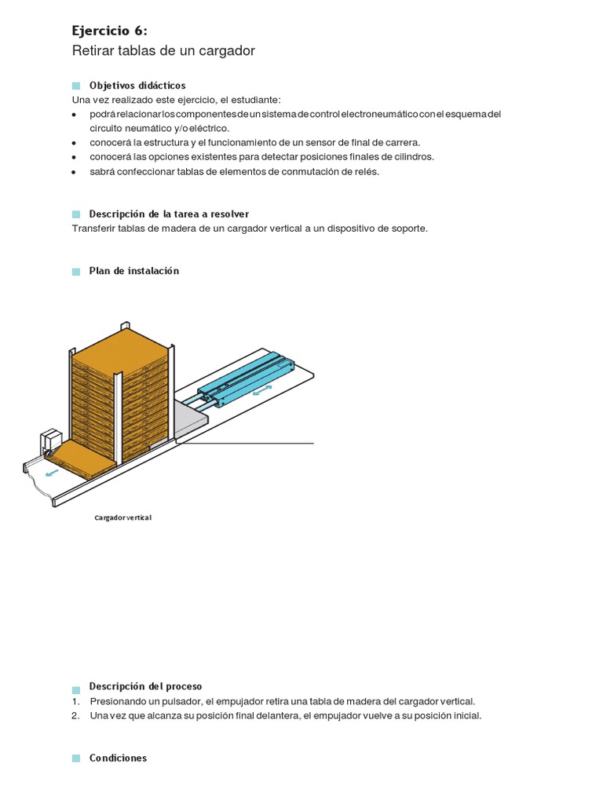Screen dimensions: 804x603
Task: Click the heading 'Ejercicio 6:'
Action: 109,31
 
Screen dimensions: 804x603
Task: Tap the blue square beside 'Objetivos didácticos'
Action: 76,86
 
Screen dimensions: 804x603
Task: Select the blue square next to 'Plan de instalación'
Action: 76,272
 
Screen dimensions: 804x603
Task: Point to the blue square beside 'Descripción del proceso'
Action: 76,687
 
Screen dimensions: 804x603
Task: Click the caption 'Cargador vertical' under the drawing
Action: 122,518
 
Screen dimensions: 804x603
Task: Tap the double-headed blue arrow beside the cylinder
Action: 263,390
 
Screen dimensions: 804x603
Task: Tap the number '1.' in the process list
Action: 76,701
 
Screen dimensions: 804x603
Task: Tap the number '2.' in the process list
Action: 76,716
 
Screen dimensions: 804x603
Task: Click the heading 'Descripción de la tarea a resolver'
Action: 169,214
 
